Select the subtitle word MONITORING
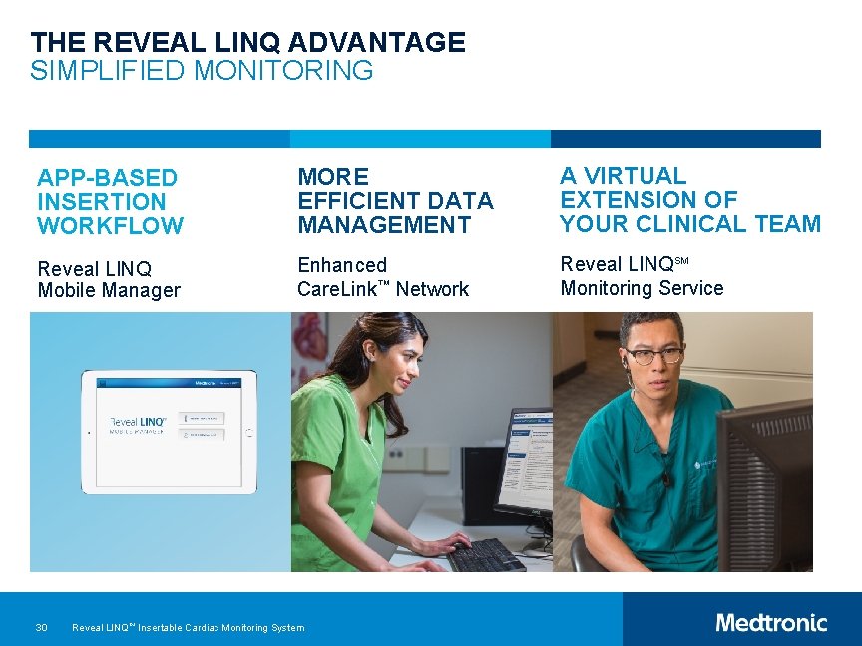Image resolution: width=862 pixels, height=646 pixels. point(284,71)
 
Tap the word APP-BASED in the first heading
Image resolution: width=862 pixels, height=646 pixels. point(107,178)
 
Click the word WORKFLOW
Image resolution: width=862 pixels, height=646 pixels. point(110,226)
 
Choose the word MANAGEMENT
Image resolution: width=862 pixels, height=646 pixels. point(384,225)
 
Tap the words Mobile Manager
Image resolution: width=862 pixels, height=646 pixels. point(109,291)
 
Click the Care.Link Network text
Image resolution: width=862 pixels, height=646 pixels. point(383,289)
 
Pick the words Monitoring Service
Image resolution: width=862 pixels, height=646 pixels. point(642,288)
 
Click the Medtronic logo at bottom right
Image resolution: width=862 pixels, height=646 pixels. point(771,623)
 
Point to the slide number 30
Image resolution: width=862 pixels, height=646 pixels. point(41,627)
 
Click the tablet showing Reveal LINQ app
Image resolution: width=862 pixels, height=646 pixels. point(169,432)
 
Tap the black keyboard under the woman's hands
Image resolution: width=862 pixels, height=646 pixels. point(486,554)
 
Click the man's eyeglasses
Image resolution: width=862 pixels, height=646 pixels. point(653,355)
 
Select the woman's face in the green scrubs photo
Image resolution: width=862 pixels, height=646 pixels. point(391,361)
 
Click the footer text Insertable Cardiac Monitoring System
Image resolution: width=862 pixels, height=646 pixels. point(220,628)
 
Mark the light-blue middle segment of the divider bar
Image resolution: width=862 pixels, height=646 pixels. point(420,139)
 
